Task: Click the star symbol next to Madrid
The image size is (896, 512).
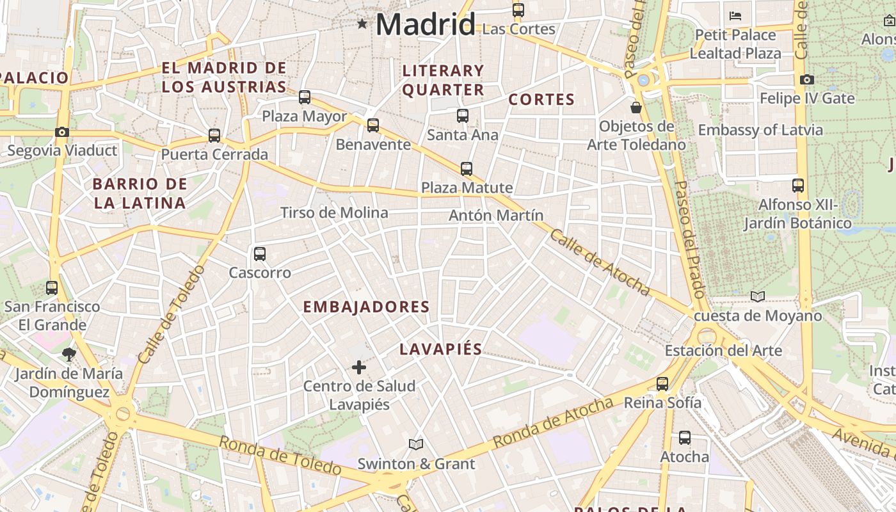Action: (x=362, y=24)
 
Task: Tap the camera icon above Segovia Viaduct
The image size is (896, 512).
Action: (x=62, y=132)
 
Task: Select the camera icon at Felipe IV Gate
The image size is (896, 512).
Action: (x=807, y=79)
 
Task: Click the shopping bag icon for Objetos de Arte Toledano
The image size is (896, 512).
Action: (x=636, y=107)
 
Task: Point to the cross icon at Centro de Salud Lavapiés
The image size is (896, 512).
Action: (x=359, y=367)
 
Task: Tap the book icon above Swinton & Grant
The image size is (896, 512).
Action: (x=416, y=444)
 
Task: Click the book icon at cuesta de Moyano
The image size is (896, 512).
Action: (x=758, y=296)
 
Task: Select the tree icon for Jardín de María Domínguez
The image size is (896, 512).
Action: (x=68, y=354)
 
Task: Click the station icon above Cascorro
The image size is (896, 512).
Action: (x=260, y=253)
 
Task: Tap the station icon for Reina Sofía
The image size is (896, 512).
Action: (x=662, y=384)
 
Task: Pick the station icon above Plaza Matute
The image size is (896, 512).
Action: (x=467, y=169)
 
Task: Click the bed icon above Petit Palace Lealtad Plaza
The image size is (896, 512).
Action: (x=735, y=15)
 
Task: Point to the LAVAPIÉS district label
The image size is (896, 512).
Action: (x=441, y=349)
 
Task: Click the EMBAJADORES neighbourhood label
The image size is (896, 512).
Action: (x=366, y=307)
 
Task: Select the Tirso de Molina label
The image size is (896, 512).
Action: (x=334, y=213)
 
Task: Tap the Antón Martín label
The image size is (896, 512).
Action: (x=496, y=216)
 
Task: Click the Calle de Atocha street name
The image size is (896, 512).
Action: (x=600, y=263)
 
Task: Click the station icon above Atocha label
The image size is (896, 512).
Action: (x=685, y=438)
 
